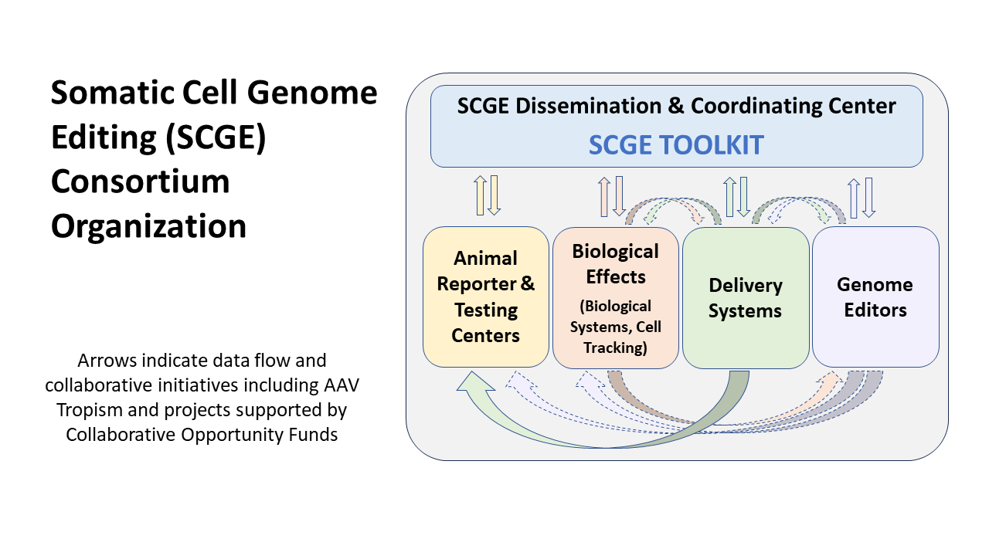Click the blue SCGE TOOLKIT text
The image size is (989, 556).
pyautogui.click(x=676, y=144)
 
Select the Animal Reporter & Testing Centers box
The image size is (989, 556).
pyautogui.click(x=486, y=297)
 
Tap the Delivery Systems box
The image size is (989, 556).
pyautogui.click(x=745, y=297)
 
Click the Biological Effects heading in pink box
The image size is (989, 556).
pyautogui.click(x=615, y=263)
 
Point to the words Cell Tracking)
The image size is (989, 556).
pyautogui.click(x=615, y=337)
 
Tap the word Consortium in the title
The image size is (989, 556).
pyautogui.click(x=140, y=182)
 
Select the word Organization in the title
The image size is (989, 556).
pyautogui.click(x=148, y=226)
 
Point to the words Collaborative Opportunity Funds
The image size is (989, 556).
pyautogui.click(x=202, y=434)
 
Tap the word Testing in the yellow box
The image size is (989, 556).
pyautogui.click(x=485, y=310)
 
